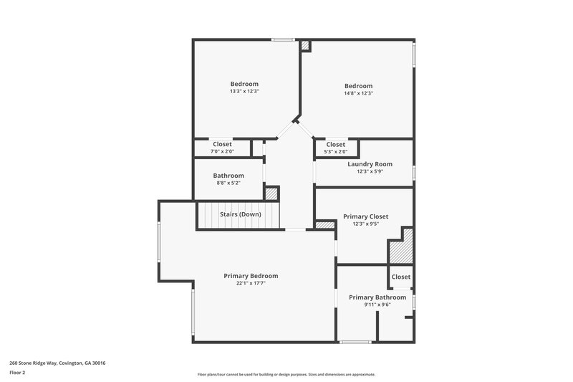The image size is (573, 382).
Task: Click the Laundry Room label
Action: point(365,164)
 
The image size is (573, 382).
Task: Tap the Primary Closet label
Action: point(365,216)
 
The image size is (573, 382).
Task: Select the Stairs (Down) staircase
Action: point(240,214)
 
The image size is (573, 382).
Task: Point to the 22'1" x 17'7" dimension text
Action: point(251,283)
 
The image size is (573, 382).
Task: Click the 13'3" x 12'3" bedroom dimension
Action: point(244,92)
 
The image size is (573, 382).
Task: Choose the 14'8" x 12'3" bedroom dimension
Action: point(358,93)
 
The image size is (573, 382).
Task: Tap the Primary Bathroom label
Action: point(377,297)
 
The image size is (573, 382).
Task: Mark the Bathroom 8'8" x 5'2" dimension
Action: point(228,183)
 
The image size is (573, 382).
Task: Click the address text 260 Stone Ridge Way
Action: point(57,363)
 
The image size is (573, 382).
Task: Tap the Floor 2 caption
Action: point(18,373)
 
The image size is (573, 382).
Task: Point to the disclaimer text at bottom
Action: point(286,374)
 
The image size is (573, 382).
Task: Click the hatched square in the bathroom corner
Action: point(271,194)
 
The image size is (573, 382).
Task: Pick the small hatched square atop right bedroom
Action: point(305,45)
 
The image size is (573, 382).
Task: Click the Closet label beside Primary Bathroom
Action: point(400,277)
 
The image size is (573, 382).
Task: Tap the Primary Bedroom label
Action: point(251,276)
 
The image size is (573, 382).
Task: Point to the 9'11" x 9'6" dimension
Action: point(377,305)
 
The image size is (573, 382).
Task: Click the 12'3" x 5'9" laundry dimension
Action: point(365,171)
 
